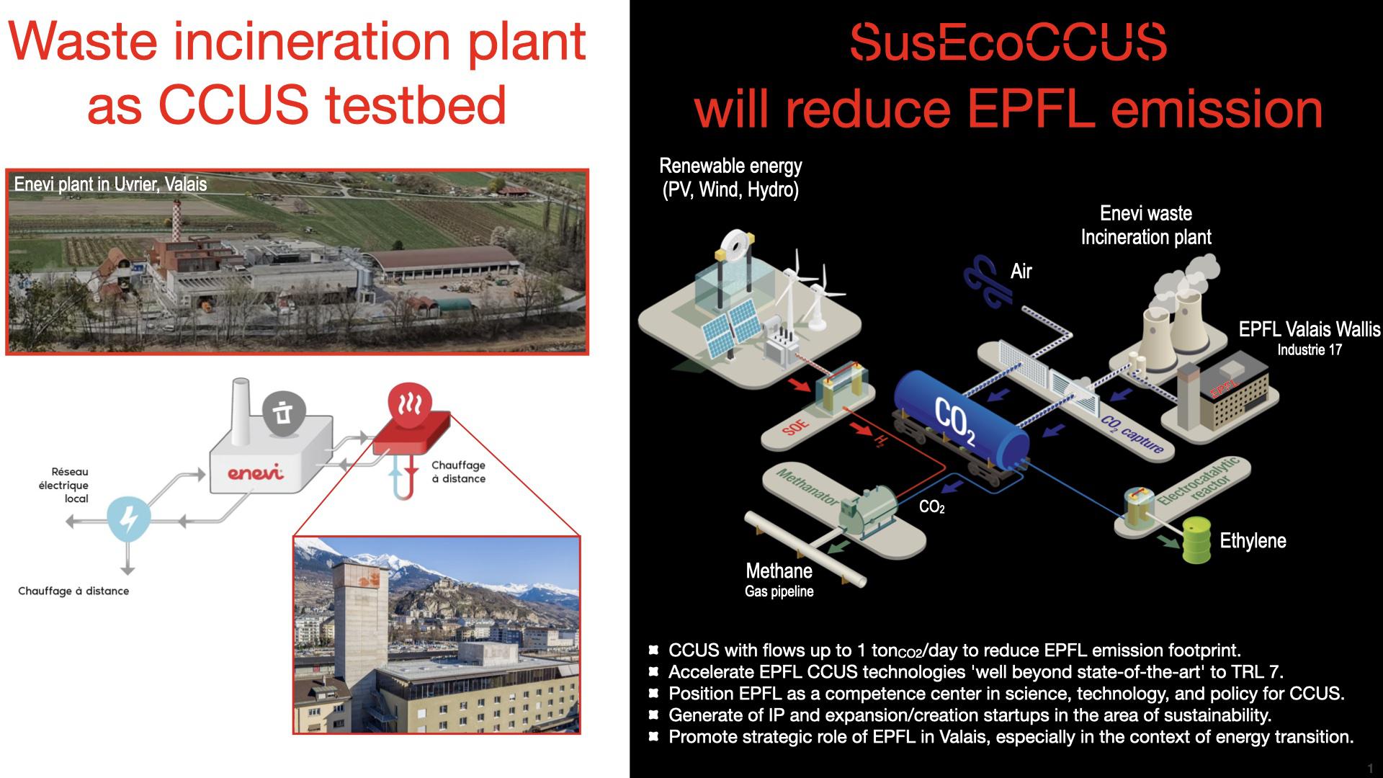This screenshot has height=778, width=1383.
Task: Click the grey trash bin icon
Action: pyautogui.click(x=283, y=413)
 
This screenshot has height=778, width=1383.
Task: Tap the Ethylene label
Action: pyautogui.click(x=1253, y=541)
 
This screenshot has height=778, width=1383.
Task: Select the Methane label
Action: pyautogui.click(x=779, y=571)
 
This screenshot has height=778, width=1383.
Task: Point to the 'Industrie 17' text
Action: pyautogui.click(x=1310, y=350)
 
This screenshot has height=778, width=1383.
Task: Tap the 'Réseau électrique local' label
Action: pyautogui.click(x=69, y=485)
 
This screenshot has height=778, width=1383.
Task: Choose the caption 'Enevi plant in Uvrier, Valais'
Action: pyautogui.click(x=110, y=184)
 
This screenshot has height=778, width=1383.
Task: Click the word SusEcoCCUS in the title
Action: pyautogui.click(x=1008, y=42)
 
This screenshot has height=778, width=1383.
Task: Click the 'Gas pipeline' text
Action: pyautogui.click(x=779, y=592)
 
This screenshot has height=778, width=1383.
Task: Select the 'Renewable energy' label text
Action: pyautogui.click(x=730, y=166)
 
